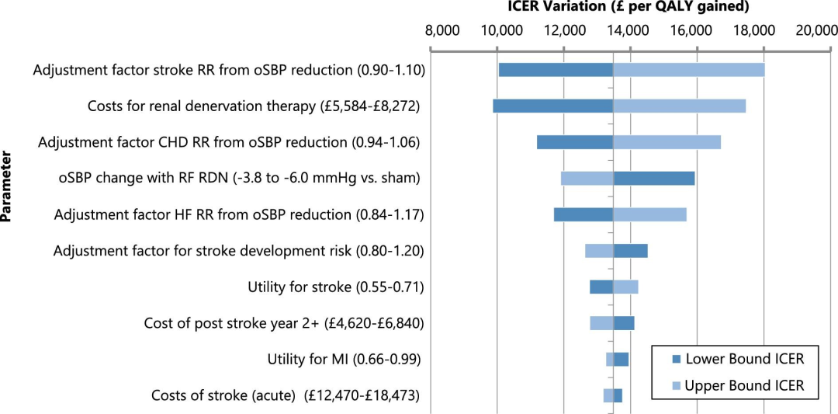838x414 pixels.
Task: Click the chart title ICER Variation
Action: tap(628, 8)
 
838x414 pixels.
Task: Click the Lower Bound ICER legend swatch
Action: tap(674, 359)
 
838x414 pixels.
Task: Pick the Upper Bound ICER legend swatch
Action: tap(674, 385)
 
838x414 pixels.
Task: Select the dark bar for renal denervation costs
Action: tap(552, 106)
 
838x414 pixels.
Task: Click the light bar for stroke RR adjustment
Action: tap(689, 70)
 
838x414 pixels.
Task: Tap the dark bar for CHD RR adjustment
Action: tap(575, 142)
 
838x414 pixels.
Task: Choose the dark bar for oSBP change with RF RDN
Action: tap(654, 178)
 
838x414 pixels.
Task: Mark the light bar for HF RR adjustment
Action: tap(650, 214)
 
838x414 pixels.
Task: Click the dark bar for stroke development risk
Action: tap(631, 250)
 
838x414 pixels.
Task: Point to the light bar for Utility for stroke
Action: tap(626, 287)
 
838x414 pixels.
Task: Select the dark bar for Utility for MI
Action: tap(622, 359)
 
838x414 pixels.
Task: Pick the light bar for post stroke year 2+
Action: tap(601, 323)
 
